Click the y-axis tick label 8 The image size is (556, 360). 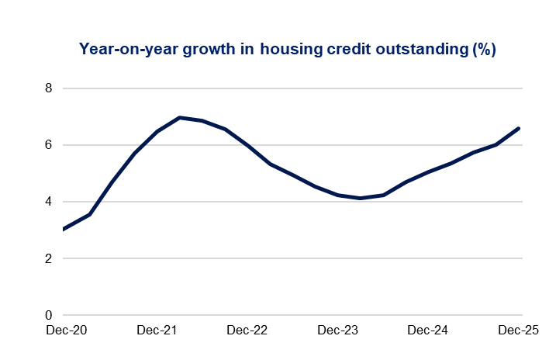[x=48, y=88]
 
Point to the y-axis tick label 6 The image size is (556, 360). [x=48, y=145]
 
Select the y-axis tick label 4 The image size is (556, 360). [x=48, y=202]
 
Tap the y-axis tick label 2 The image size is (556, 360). [x=48, y=258]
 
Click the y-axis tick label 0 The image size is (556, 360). [x=48, y=316]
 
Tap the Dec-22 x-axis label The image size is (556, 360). [x=247, y=331]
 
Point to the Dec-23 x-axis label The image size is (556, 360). [x=337, y=331]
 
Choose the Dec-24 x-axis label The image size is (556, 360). [x=428, y=331]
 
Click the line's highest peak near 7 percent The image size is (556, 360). [x=180, y=118]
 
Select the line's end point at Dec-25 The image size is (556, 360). [x=519, y=128]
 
